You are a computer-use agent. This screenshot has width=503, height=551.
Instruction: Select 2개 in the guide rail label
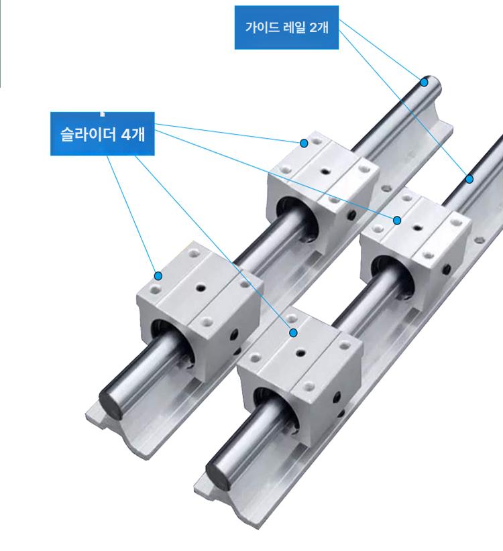[319, 27]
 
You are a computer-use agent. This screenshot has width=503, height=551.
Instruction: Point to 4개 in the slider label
[133, 134]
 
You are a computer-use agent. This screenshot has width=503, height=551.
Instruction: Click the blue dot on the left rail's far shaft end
[425, 82]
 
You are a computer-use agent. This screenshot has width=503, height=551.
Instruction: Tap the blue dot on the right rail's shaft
[469, 179]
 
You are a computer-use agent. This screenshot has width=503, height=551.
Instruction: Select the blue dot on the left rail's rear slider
[304, 143]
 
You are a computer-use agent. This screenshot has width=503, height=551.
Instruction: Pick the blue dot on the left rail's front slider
[158, 276]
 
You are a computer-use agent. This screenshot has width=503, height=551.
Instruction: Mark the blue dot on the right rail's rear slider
[397, 221]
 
